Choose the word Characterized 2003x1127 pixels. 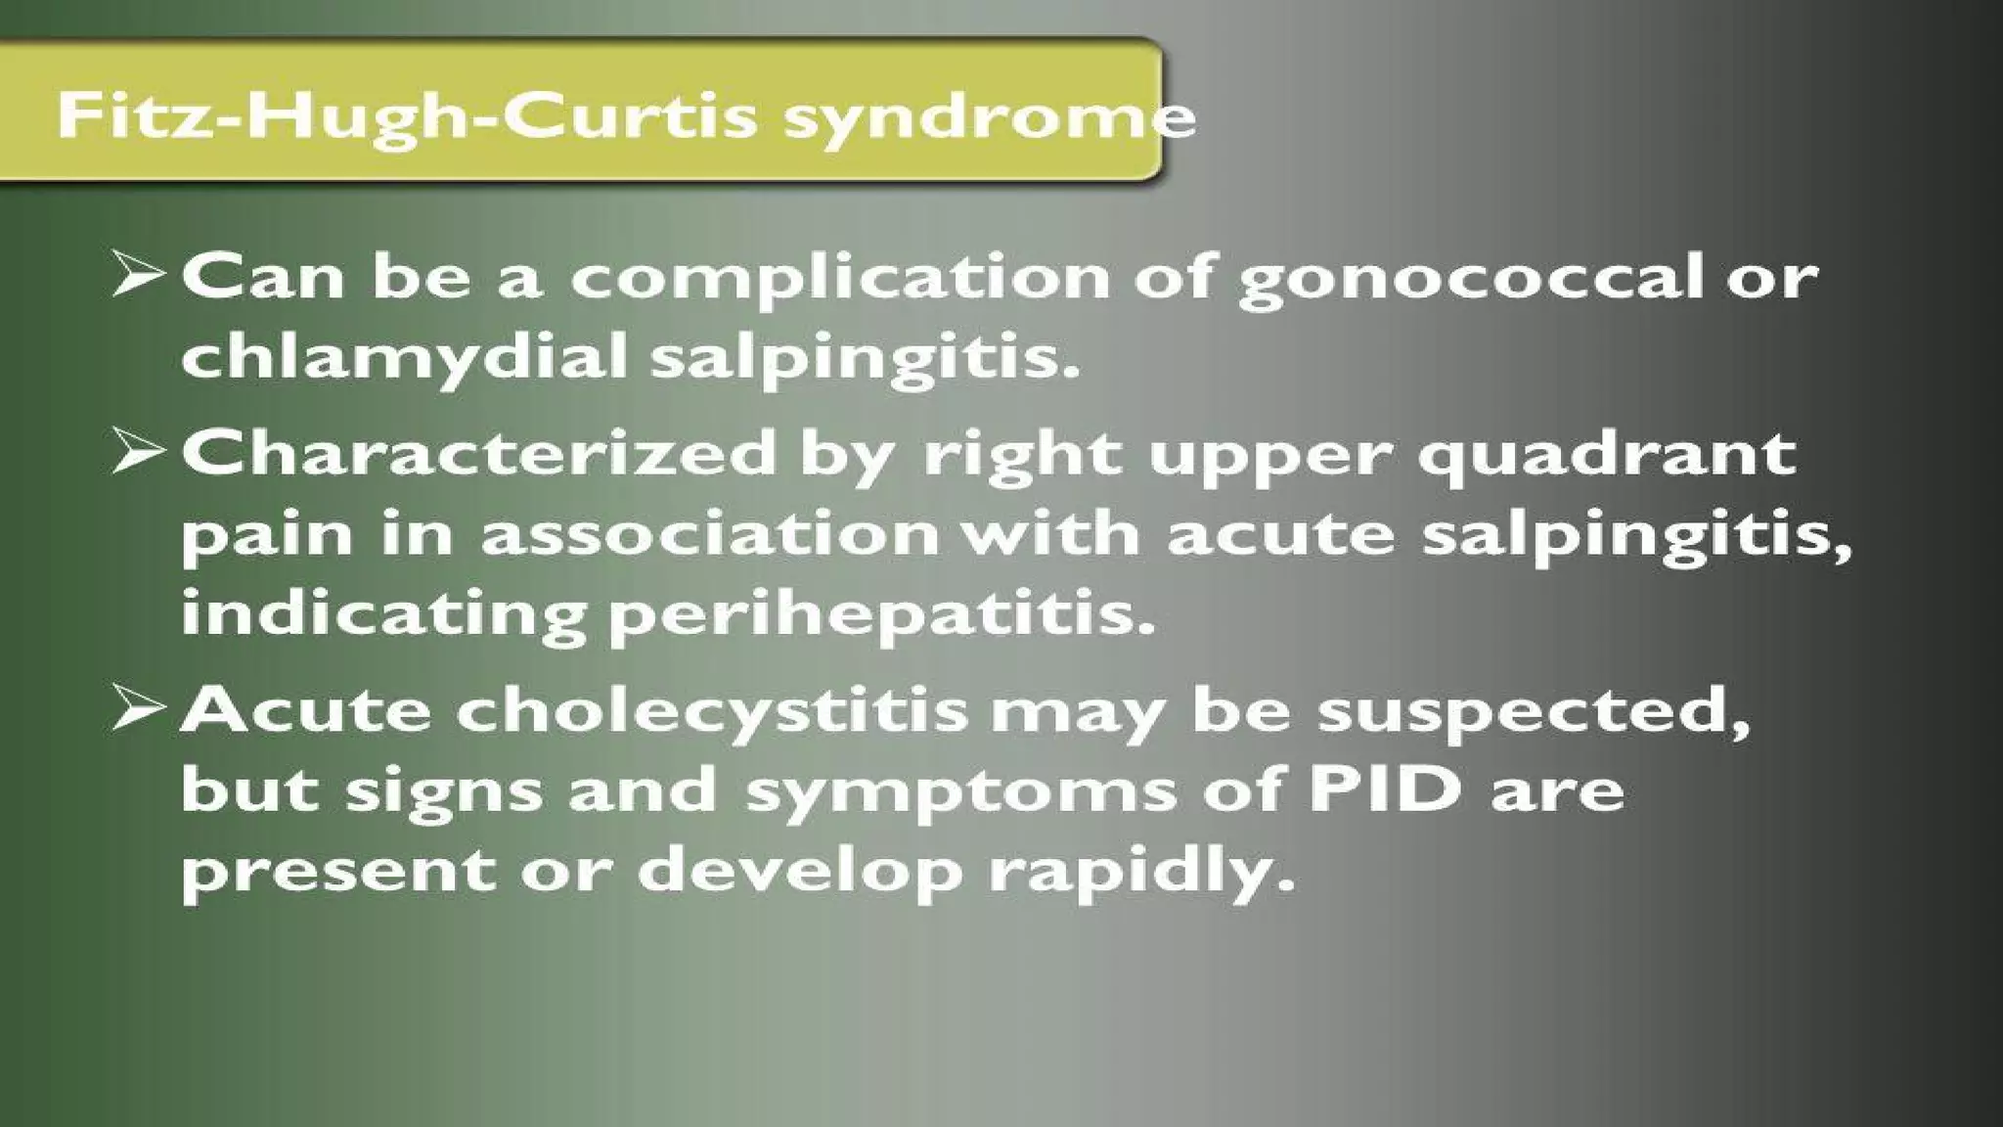click(478, 454)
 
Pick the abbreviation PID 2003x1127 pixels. click(1385, 789)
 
